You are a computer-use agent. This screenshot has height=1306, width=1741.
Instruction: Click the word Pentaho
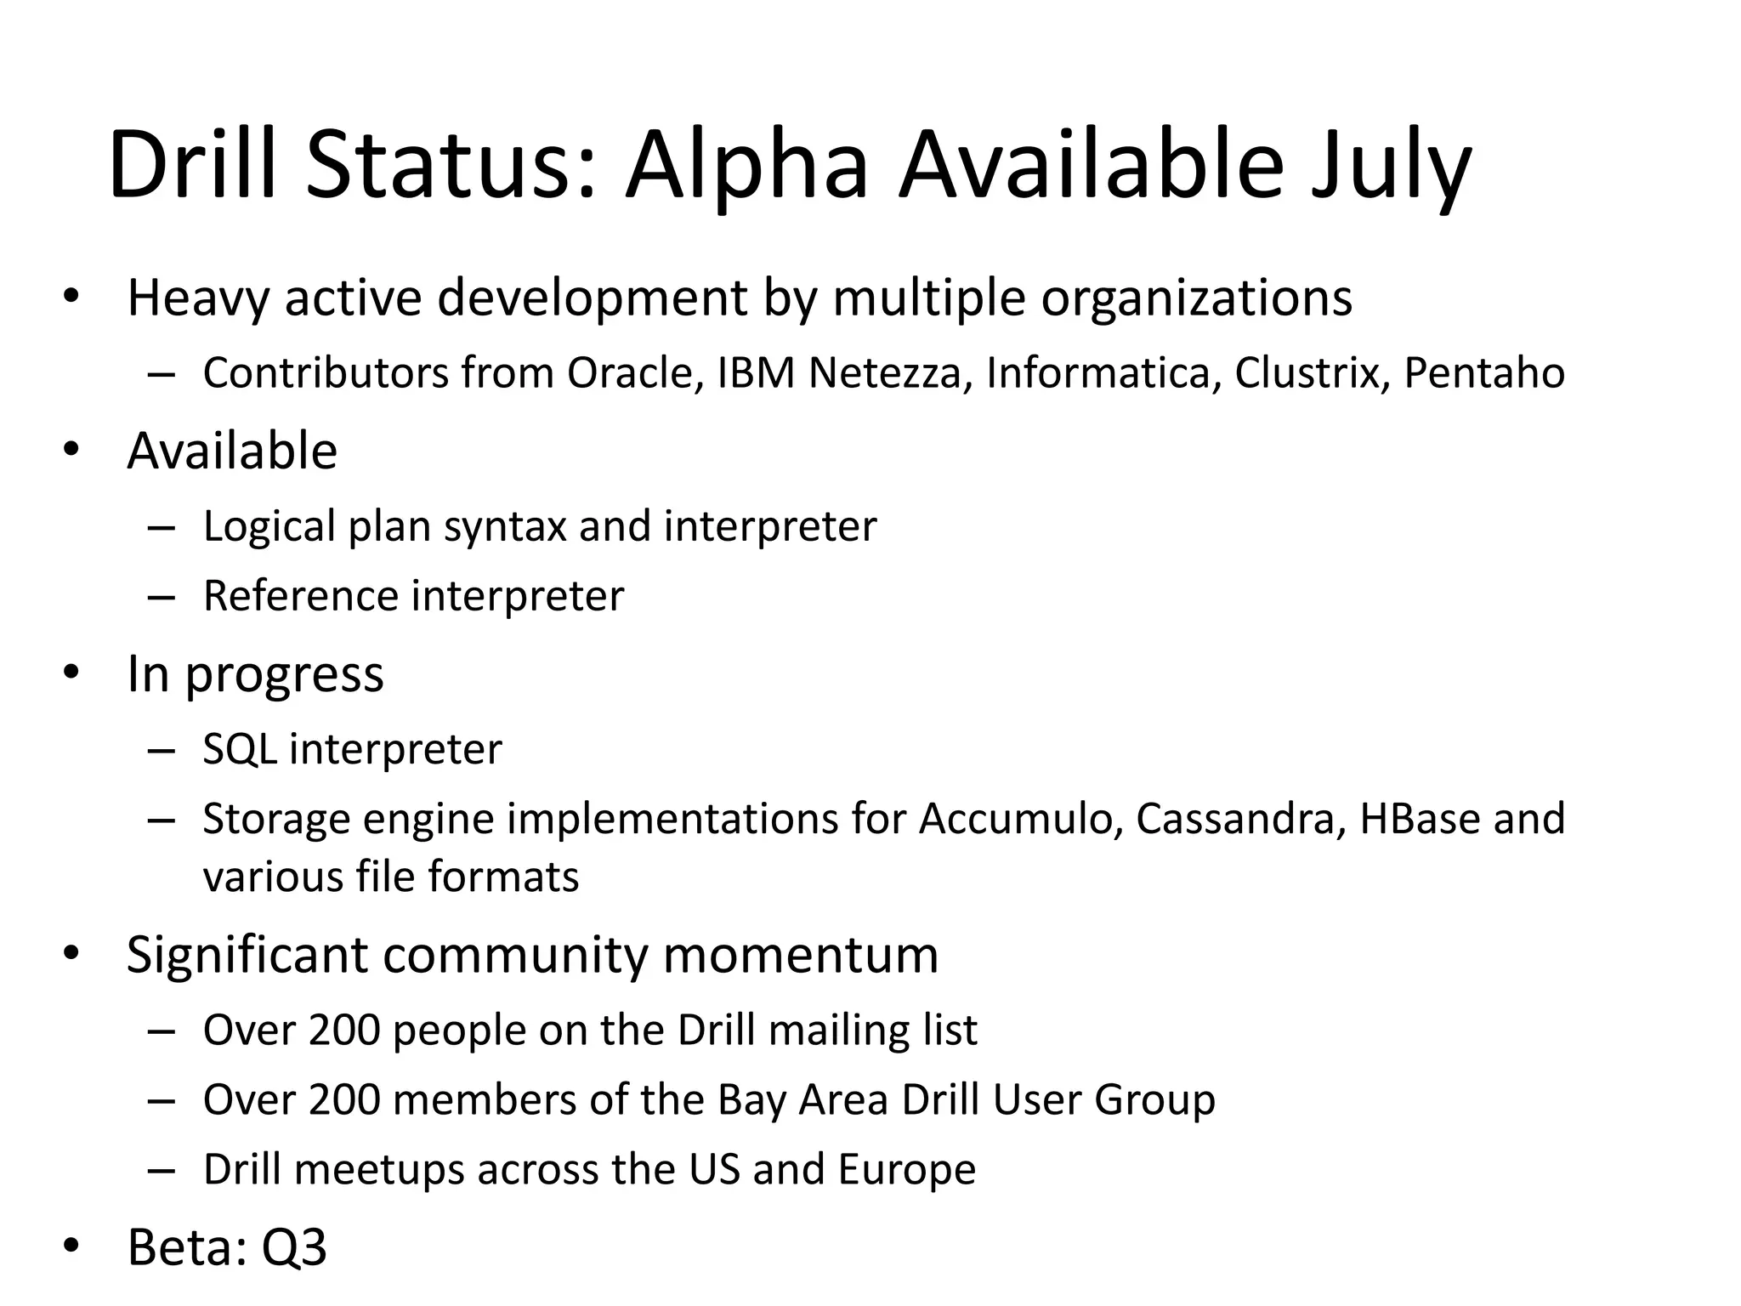coord(1483,374)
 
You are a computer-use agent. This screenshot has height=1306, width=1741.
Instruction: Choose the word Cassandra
coord(1240,819)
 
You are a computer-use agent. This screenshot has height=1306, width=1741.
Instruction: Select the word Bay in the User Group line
coord(751,1101)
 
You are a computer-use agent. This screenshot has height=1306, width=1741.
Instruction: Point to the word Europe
coord(906,1170)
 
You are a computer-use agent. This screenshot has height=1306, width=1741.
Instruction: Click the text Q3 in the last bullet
coord(294,1247)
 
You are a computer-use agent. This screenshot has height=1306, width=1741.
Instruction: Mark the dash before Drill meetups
coord(161,1170)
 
